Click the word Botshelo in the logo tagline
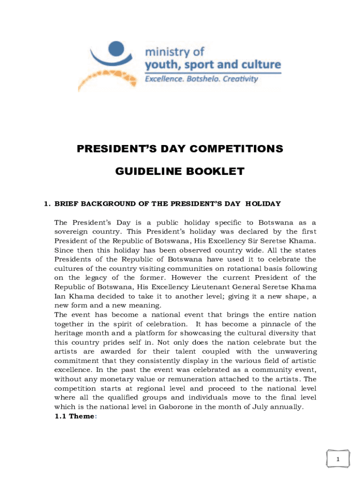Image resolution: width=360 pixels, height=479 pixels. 202,79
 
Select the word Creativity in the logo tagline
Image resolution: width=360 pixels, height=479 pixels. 240,79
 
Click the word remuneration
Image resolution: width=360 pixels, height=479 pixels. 184,379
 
